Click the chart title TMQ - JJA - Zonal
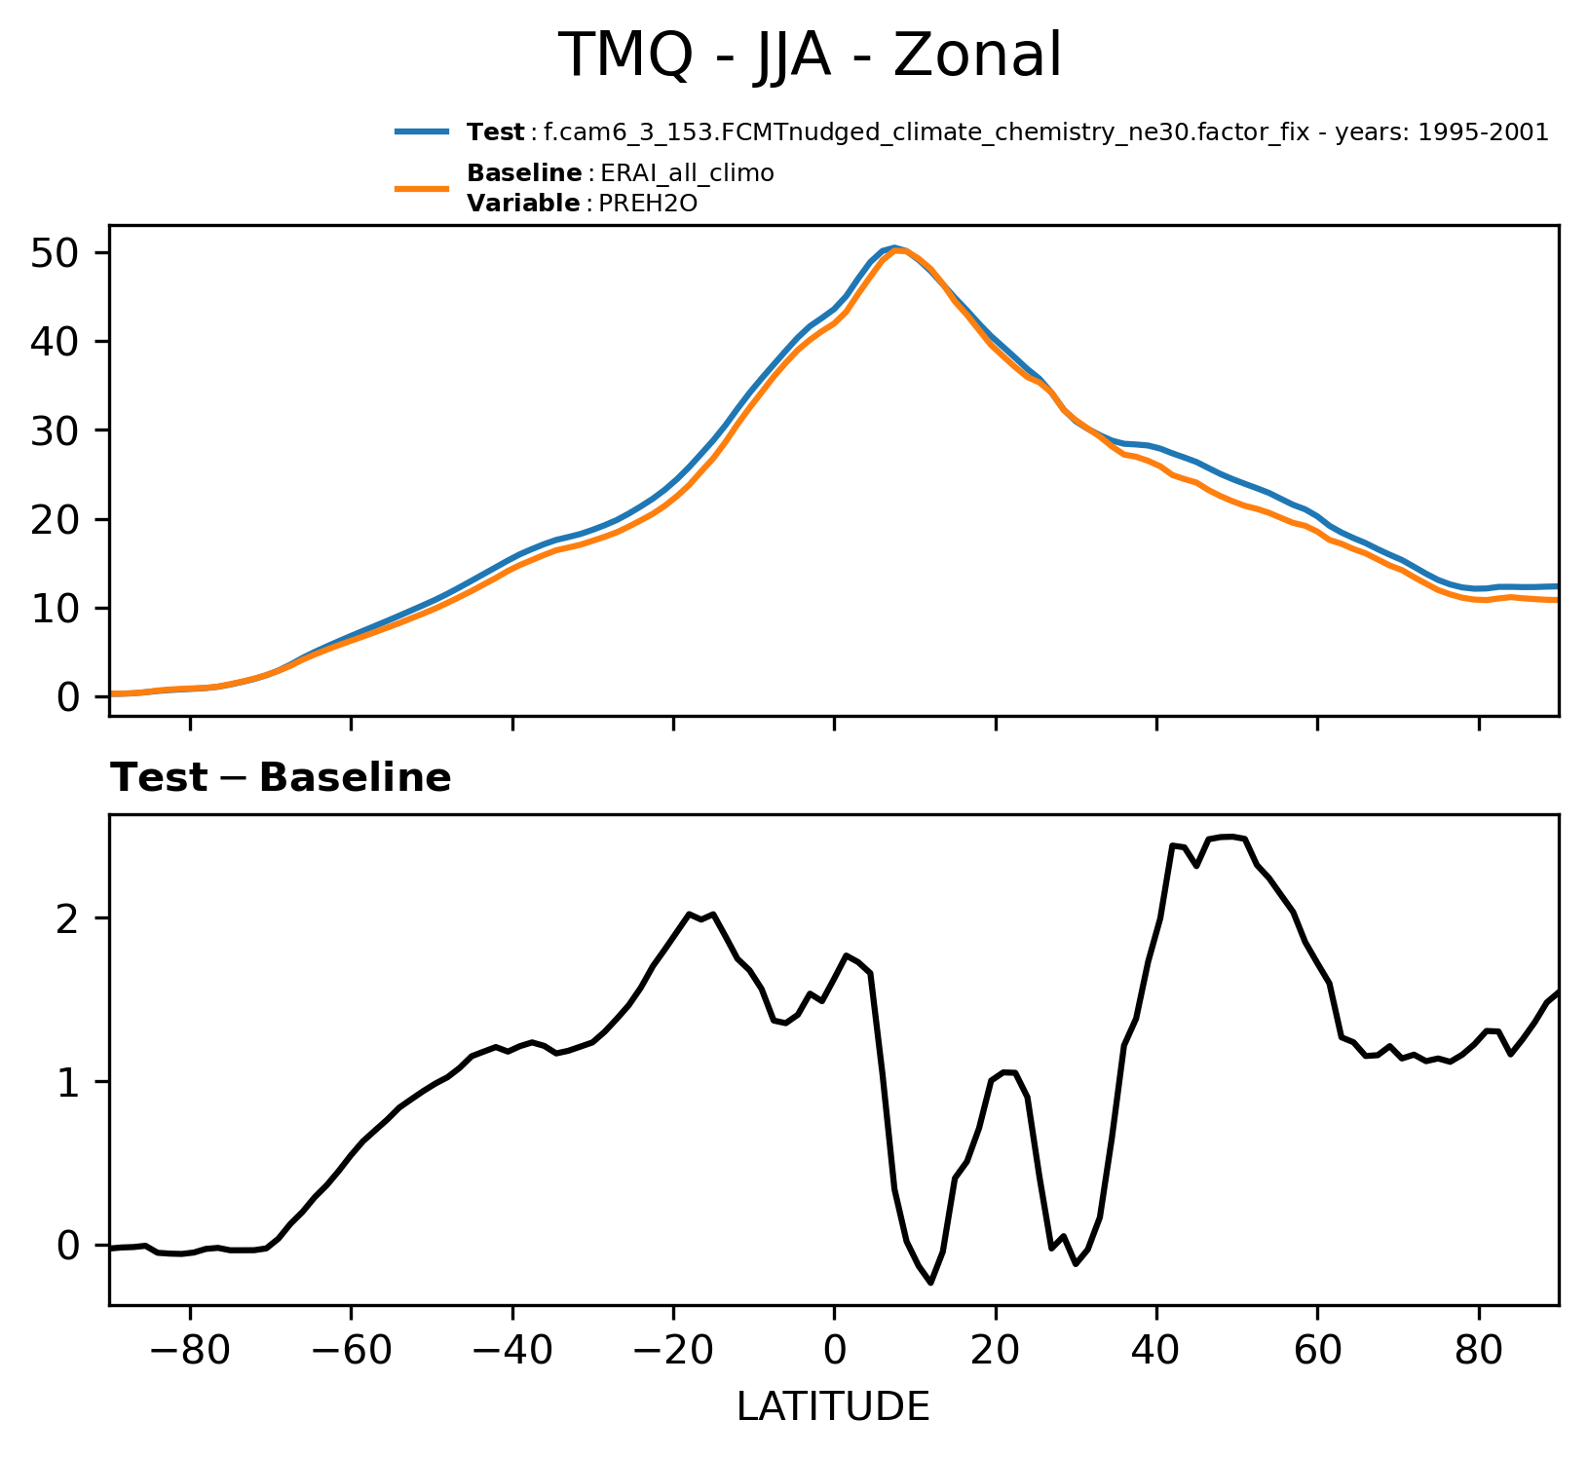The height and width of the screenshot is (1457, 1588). point(810,56)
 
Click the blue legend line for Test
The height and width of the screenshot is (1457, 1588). point(422,131)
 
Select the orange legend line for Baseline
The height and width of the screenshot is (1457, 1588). point(422,188)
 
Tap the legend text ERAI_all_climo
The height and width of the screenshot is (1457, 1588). point(687,173)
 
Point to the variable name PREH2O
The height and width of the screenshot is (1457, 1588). point(649,204)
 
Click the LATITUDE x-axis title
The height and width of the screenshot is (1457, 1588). point(833,1406)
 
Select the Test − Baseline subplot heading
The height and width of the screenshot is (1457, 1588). point(281,778)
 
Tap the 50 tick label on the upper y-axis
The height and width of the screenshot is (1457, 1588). point(55,253)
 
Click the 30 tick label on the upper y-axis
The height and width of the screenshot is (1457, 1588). point(55,430)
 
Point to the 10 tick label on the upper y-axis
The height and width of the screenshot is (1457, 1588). point(55,608)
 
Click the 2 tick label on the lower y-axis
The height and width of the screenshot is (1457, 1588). point(68,918)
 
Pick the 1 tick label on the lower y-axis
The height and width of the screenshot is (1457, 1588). point(68,1082)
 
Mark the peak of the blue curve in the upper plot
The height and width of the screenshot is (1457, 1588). point(894,247)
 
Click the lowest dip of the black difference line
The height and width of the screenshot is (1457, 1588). point(930,1283)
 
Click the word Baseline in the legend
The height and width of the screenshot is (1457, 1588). point(524,173)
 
